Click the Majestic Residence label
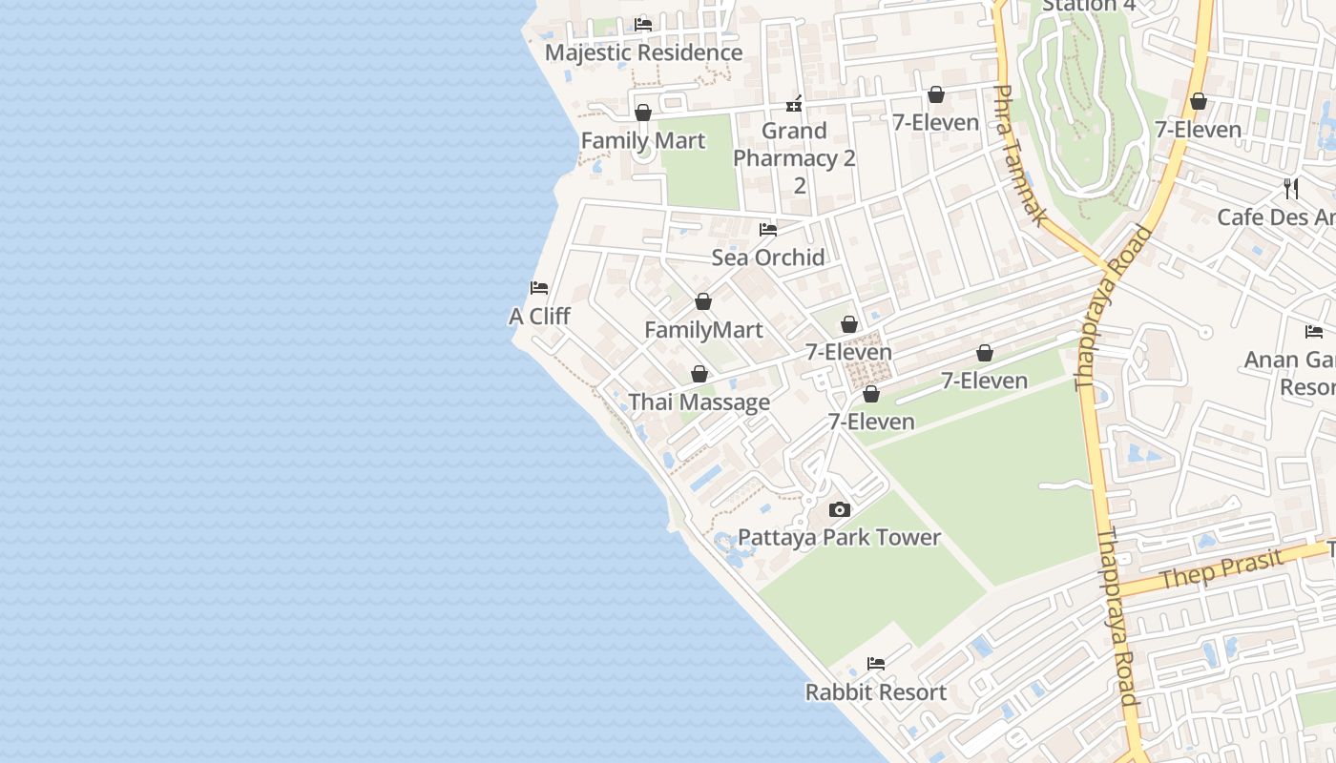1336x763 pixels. click(x=643, y=52)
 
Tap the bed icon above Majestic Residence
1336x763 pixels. click(x=643, y=24)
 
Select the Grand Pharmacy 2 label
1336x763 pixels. click(x=794, y=145)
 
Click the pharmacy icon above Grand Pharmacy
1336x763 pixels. click(x=794, y=103)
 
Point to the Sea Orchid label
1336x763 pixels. click(x=768, y=258)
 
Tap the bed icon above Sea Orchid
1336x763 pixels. click(x=768, y=229)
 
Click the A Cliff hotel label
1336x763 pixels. click(x=539, y=317)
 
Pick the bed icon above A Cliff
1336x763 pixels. click(x=539, y=288)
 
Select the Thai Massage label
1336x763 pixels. click(x=699, y=402)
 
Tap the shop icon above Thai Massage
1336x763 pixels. click(x=699, y=374)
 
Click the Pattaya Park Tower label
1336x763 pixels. click(x=840, y=538)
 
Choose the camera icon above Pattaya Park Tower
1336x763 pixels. click(x=840, y=509)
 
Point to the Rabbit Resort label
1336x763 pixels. click(x=876, y=692)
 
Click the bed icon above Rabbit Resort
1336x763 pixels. click(x=876, y=664)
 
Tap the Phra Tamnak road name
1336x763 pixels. click(x=1020, y=155)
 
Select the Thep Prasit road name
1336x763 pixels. click(x=1221, y=569)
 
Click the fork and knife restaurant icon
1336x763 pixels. click(x=1291, y=188)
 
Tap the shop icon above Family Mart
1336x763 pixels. click(x=643, y=113)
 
